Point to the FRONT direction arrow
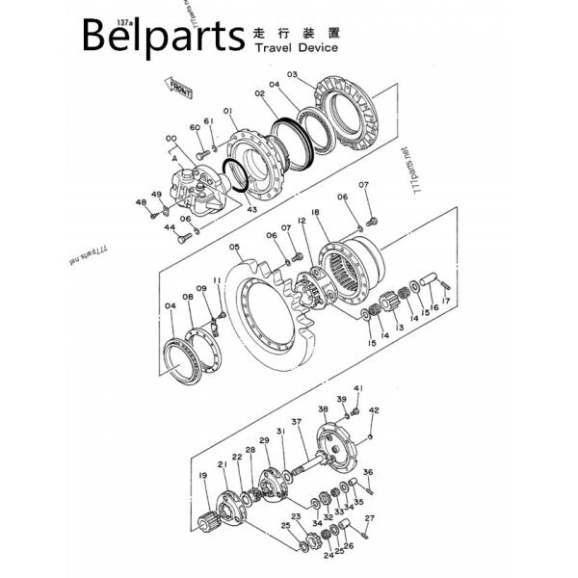click(181, 91)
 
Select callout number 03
click(292, 75)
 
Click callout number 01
click(228, 112)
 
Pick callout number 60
click(195, 127)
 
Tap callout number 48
click(141, 202)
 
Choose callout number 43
click(251, 209)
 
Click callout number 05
click(234, 248)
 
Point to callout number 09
click(201, 289)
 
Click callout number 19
click(203, 476)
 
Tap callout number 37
click(297, 422)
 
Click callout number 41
click(357, 388)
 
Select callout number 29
click(264, 440)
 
